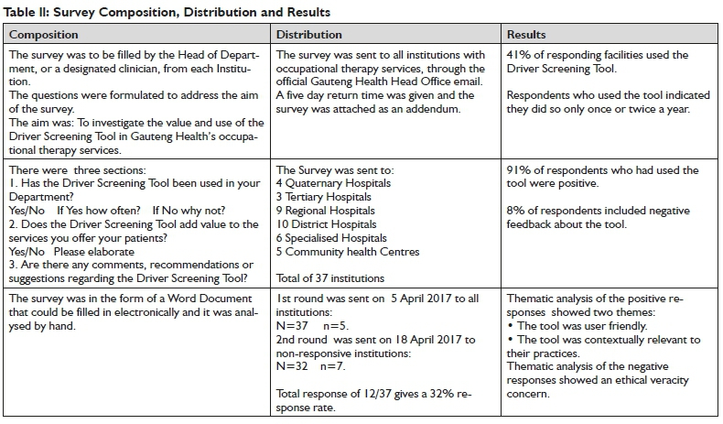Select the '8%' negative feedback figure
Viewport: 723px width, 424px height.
pos(514,210)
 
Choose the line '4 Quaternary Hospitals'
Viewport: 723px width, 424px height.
pos(333,183)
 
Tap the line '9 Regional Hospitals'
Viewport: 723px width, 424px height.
pos(327,211)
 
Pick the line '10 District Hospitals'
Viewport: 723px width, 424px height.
pos(327,224)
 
